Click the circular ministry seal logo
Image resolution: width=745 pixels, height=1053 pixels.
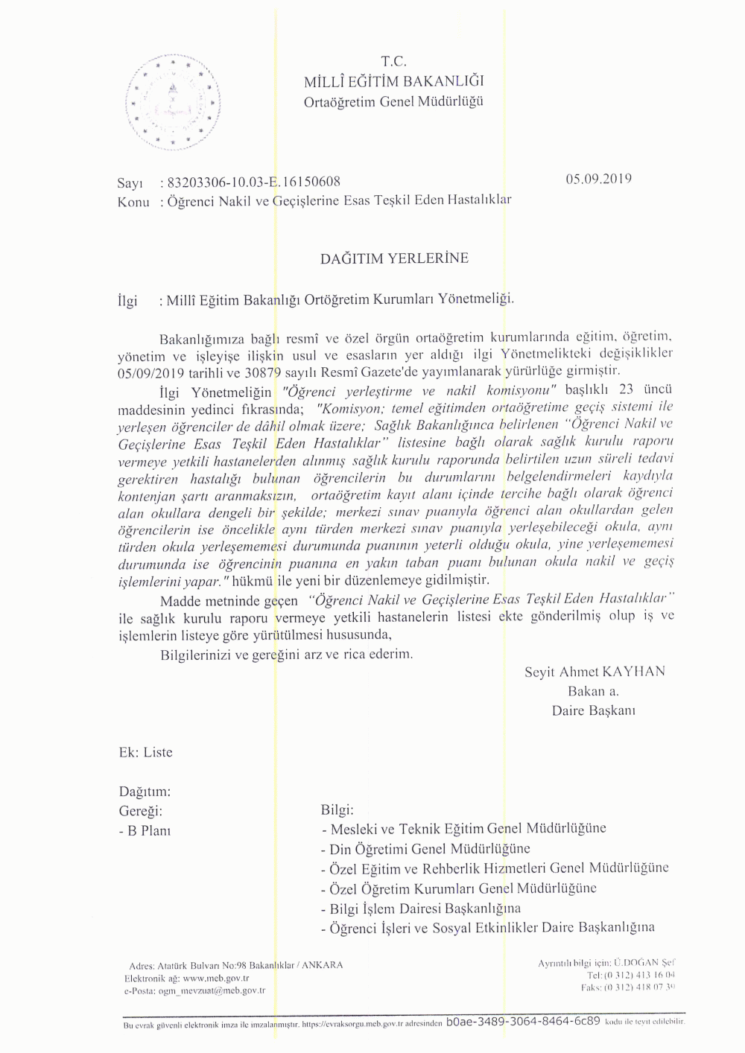[x=174, y=102]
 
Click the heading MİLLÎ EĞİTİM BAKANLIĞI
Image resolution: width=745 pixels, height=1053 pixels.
[x=394, y=81]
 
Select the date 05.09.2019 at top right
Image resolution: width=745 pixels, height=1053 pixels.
[x=599, y=179]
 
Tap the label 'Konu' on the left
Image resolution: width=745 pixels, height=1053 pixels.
[x=133, y=201]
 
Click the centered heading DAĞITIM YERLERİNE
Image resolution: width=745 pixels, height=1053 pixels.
[x=394, y=258]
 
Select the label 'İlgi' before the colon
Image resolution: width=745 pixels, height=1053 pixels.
[x=128, y=301]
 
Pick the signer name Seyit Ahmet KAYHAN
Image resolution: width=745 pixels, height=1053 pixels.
[x=595, y=672]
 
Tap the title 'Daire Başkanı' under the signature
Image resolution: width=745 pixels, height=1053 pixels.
[x=593, y=710]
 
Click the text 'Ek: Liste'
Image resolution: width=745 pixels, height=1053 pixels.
[x=145, y=752]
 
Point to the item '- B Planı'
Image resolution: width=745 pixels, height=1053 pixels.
[x=145, y=831]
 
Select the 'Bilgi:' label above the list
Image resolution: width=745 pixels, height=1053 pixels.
[x=337, y=809]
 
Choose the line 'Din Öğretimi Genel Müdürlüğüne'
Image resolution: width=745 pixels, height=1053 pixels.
[x=425, y=849]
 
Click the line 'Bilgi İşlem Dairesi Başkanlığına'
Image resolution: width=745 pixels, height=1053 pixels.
[x=420, y=909]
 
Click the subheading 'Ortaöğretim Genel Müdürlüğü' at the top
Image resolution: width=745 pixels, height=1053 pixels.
[x=393, y=101]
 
